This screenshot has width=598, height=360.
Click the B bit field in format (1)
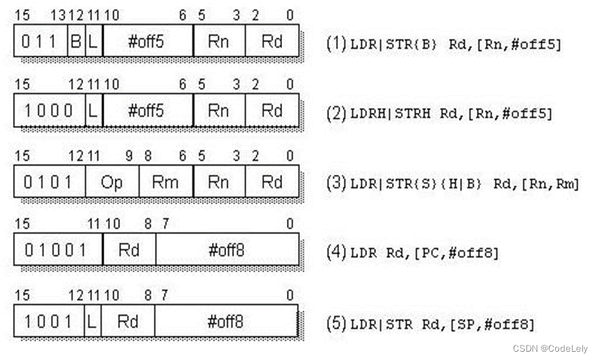tap(76, 41)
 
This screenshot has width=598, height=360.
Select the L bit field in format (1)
tap(93, 41)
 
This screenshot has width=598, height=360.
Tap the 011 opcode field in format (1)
tap(40, 41)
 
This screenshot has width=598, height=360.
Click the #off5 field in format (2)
tap(147, 111)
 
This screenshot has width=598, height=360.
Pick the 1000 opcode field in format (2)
tap(48, 111)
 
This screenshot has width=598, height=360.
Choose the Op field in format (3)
tap(111, 182)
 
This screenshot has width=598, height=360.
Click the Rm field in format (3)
tap(165, 182)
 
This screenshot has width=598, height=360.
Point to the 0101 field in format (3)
tap(48, 182)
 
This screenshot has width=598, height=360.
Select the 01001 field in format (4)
tap(57, 249)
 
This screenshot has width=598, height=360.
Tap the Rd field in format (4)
tap(129, 249)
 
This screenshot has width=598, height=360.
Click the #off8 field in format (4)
tap(227, 249)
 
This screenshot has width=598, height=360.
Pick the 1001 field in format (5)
tap(48, 321)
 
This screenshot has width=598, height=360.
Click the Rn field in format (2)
tap(218, 111)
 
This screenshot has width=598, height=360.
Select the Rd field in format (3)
tap(272, 182)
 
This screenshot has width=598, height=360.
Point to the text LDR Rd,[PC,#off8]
tap(424, 252)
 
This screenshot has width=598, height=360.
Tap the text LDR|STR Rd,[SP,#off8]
tap(442, 324)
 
